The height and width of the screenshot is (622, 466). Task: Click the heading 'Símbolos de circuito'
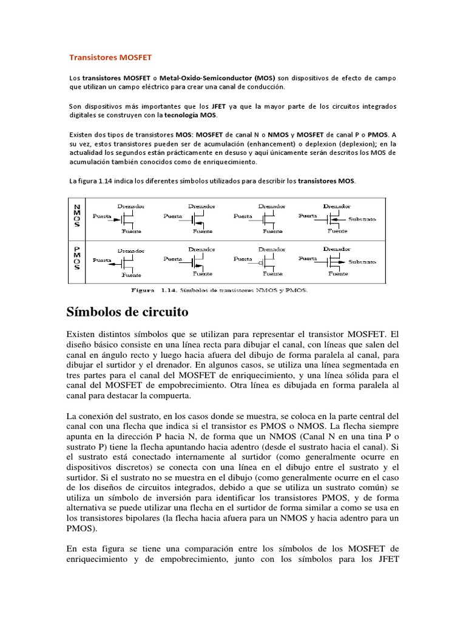(x=127, y=312)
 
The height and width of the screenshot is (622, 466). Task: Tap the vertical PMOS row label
(x=78, y=260)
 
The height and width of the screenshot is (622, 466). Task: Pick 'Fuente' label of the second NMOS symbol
(x=203, y=231)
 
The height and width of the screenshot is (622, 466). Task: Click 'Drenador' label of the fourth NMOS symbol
(x=337, y=205)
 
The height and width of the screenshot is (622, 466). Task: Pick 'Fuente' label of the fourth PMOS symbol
(x=338, y=274)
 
